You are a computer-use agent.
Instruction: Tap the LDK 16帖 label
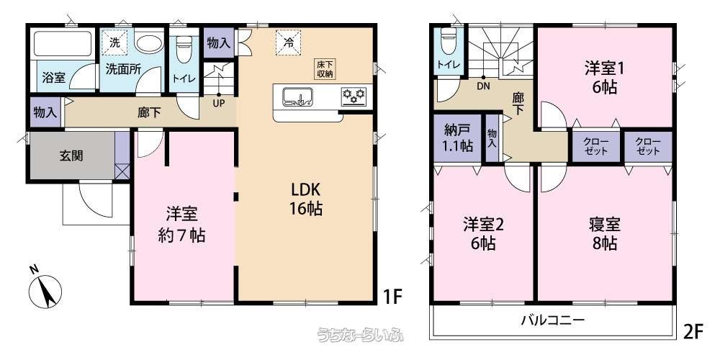(305, 199)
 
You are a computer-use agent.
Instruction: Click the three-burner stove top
(354, 96)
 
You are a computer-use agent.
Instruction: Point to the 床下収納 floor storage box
(325, 69)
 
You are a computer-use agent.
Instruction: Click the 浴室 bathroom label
(53, 78)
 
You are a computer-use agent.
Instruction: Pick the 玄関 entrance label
(70, 156)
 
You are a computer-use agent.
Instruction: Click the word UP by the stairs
(218, 102)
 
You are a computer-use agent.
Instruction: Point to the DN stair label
(483, 84)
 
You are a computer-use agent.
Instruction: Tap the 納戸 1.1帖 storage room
(458, 138)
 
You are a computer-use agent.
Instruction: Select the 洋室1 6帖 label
(603, 78)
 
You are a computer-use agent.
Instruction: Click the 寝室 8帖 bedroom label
(603, 233)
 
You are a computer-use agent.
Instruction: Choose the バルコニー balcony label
(553, 319)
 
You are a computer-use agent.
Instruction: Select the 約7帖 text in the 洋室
(182, 234)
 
